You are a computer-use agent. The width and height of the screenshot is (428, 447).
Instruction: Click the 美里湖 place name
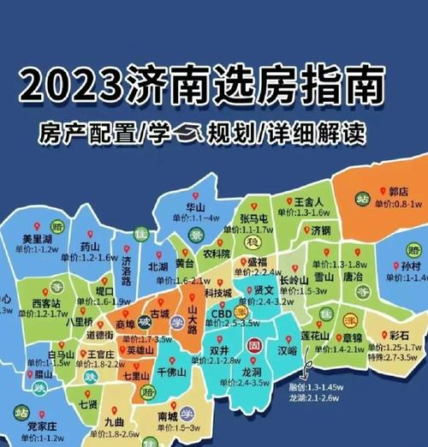(x=39, y=239)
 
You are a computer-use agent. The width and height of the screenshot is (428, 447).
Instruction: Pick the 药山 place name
(x=90, y=247)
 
